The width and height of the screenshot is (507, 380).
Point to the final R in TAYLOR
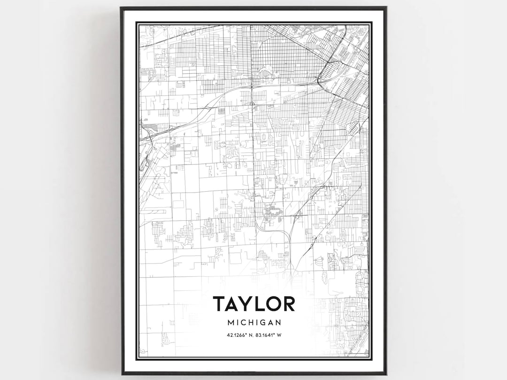(x=289, y=304)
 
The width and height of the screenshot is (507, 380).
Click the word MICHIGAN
(x=254, y=323)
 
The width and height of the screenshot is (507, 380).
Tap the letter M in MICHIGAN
(x=230, y=323)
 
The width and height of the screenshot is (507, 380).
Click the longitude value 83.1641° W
(x=270, y=335)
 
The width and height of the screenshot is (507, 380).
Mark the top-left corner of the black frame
(x=121, y=8)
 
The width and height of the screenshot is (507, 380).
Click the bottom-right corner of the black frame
(x=386, y=374)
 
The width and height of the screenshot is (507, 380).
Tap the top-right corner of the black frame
(x=386, y=8)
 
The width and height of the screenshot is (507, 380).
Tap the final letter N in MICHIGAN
(x=278, y=323)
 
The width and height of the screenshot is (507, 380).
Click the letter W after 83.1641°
(x=284, y=335)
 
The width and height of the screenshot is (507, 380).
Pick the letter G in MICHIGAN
(x=262, y=323)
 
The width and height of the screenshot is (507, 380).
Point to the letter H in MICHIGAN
(x=251, y=323)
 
